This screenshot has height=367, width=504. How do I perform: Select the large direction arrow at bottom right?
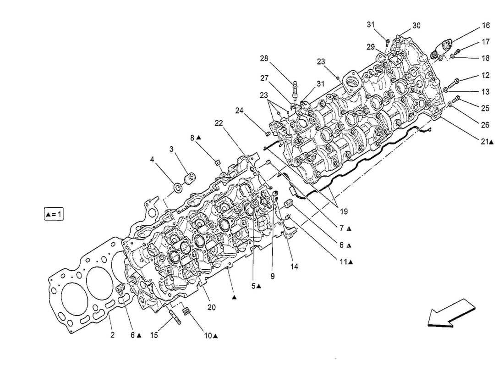point(449,313)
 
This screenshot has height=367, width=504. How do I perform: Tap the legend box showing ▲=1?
point(54,214)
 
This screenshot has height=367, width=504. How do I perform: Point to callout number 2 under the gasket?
point(112,335)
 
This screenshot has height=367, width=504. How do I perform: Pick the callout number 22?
point(219,122)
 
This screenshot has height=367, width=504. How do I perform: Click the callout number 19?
point(343,211)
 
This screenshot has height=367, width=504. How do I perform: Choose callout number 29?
point(370,46)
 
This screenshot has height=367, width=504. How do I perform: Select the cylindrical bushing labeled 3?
point(189,178)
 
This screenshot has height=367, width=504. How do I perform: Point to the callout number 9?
point(272,277)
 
